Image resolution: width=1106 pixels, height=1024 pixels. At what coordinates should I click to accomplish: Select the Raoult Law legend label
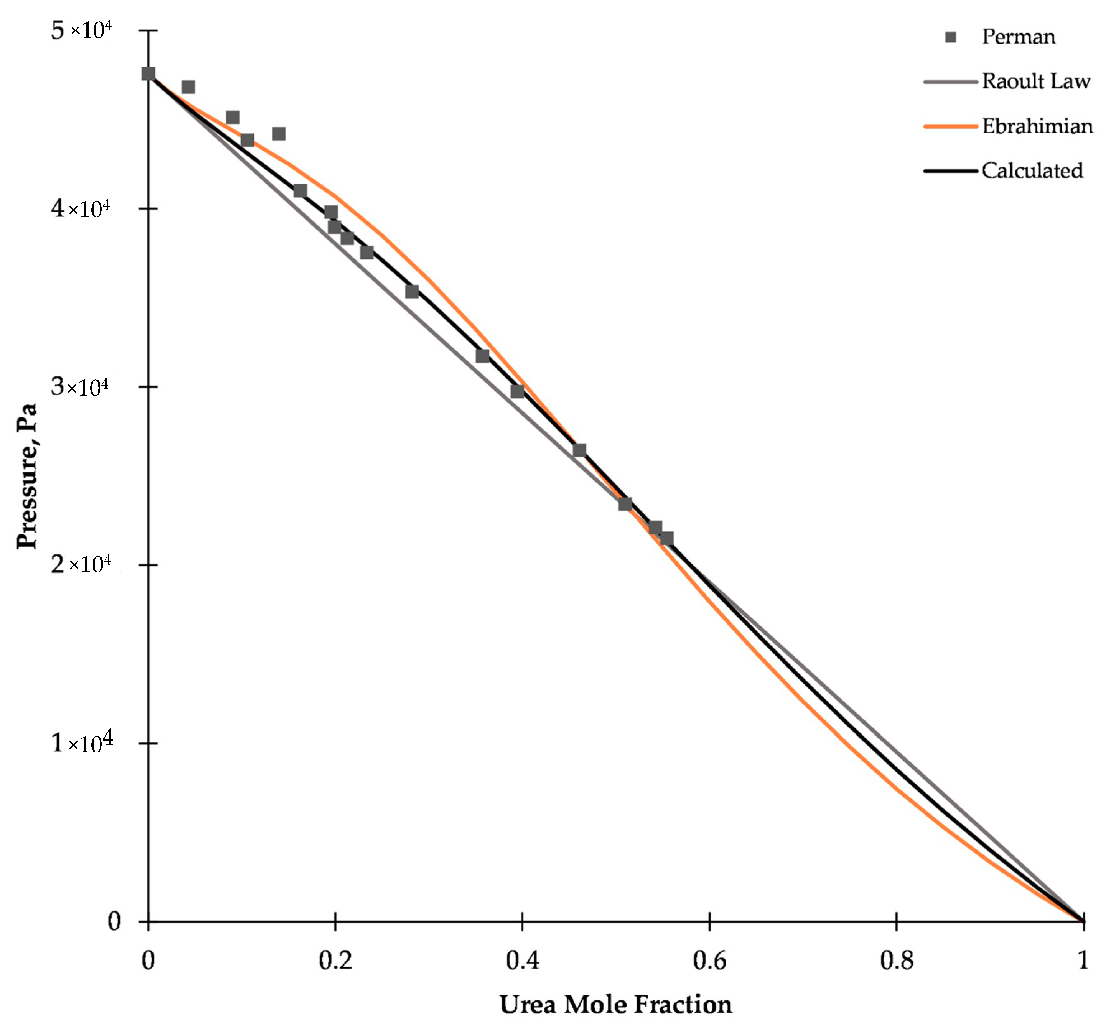coord(1036,81)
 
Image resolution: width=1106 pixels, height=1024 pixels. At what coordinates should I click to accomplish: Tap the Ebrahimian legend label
coord(1037,126)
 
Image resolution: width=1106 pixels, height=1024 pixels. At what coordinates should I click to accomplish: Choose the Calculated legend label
coord(1032,171)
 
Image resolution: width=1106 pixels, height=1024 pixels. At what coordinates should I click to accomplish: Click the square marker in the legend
coord(951,37)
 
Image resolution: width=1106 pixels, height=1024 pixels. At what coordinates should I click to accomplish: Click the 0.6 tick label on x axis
coord(709,960)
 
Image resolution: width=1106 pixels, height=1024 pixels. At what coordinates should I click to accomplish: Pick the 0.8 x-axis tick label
coord(897,960)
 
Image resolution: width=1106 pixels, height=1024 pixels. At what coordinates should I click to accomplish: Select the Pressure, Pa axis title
coord(26,475)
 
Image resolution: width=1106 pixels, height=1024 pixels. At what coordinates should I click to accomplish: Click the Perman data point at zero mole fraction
coord(148,74)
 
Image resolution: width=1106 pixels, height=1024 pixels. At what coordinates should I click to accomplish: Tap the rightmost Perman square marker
coord(667,538)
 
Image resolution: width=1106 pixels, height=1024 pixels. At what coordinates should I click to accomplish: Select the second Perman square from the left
coord(189,87)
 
